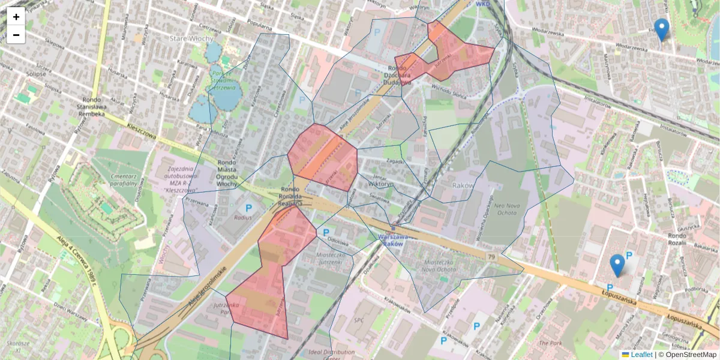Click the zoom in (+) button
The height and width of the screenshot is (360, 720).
tap(16, 17)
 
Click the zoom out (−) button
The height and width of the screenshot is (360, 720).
tap(16, 35)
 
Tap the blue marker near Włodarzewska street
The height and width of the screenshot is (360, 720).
tap(661, 29)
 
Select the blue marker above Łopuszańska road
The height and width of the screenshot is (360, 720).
tap(617, 265)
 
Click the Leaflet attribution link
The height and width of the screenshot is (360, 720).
tap(641, 355)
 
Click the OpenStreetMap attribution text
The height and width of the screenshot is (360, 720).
tap(691, 355)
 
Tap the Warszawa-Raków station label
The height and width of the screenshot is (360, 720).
tap(394, 240)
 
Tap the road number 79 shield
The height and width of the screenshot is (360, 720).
tap(491, 256)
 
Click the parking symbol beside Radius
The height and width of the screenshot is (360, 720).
tap(248, 208)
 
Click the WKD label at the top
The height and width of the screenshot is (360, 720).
tap(483, 4)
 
